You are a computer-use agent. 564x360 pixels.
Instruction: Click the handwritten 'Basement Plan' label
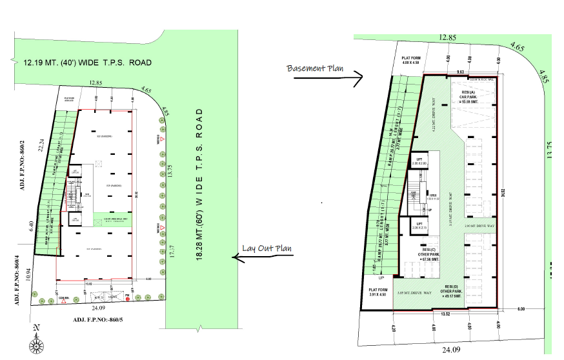[316, 68]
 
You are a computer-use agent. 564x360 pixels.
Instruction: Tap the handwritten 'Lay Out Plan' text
[267, 248]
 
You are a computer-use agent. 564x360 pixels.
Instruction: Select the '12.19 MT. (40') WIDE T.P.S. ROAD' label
[87, 63]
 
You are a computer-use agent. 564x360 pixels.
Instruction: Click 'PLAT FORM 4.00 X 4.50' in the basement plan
[411, 60]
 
